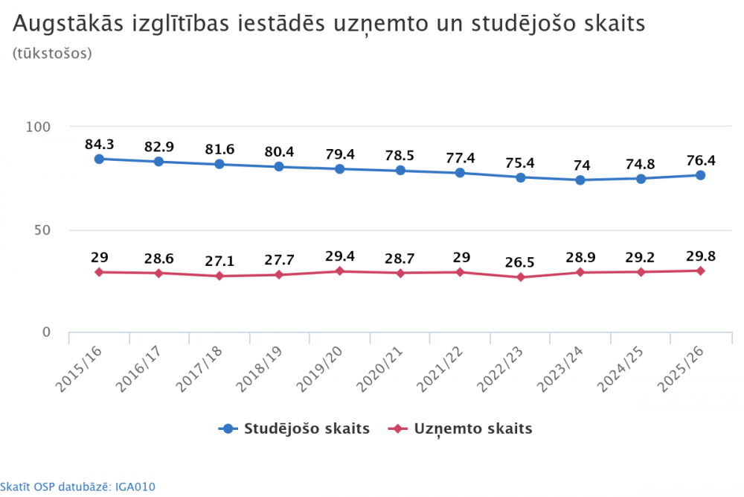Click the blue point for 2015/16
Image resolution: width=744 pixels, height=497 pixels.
(x=99, y=159)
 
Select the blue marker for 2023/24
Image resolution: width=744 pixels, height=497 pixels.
(x=580, y=180)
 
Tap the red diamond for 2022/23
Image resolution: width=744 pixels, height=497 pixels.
(x=520, y=277)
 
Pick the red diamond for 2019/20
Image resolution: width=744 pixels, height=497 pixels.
(x=339, y=271)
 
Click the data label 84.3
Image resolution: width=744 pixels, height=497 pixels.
(x=99, y=145)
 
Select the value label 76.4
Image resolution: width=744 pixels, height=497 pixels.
(x=700, y=160)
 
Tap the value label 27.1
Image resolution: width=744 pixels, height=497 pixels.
(x=219, y=262)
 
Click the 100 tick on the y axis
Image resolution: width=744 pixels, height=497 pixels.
(x=38, y=127)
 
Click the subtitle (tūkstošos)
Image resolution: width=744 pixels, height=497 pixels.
(x=52, y=54)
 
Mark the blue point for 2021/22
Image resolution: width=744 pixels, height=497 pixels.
(x=460, y=173)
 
